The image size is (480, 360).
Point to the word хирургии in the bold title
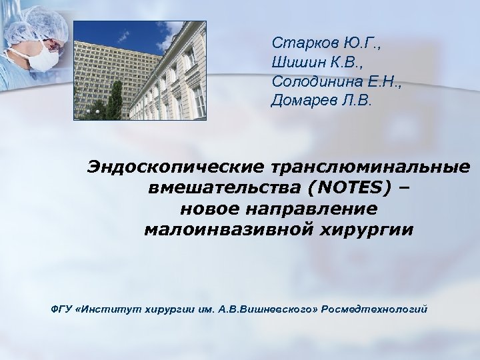coord(370,231)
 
